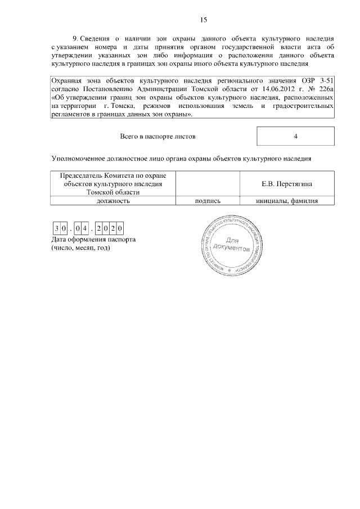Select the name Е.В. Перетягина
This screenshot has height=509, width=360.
click(287, 184)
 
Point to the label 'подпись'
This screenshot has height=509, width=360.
click(207, 200)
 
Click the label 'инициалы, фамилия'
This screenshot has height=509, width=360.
click(287, 200)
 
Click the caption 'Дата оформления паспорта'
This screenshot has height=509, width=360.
click(93, 240)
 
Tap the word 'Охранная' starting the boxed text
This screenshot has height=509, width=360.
click(66, 81)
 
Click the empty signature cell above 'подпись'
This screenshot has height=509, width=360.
click(207, 184)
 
